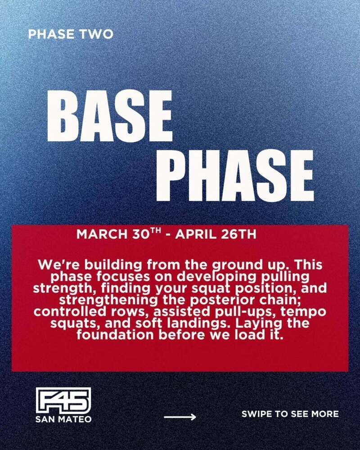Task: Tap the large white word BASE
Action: [x=110, y=116]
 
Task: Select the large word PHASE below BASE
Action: [x=235, y=175]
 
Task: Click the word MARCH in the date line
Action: [x=102, y=234]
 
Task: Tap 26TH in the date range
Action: [x=238, y=234]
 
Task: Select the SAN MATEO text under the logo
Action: [x=63, y=419]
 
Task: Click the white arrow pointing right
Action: [x=180, y=417]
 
